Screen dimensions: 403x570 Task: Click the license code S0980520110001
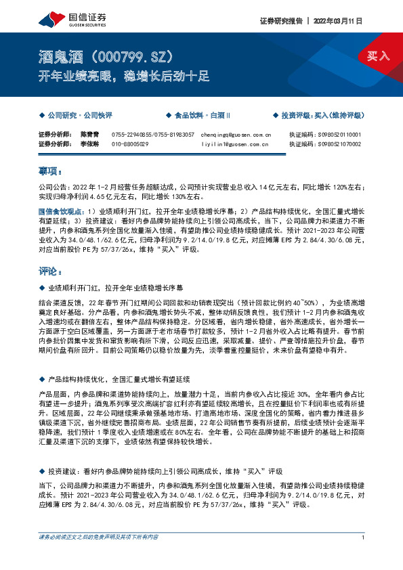point(339,135)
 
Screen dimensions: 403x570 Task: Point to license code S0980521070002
point(339,144)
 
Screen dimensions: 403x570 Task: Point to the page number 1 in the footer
point(364,556)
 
